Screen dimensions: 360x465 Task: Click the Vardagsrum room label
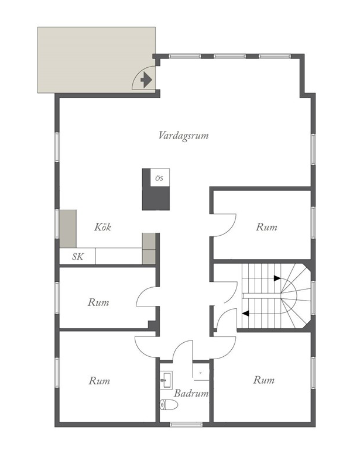tap(183, 136)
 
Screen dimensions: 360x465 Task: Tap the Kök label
tap(102, 227)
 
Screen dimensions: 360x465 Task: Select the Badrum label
tap(191, 393)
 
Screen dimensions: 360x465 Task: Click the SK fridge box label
tap(78, 256)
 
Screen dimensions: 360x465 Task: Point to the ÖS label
tap(159, 178)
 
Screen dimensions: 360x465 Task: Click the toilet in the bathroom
tap(169, 405)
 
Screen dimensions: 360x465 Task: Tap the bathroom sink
tap(166, 380)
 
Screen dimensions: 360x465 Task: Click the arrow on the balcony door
tap(146, 80)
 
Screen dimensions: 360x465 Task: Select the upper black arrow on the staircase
tap(277, 278)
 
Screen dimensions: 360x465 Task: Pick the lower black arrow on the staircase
tap(245, 313)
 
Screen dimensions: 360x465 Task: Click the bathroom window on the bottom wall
tap(186, 425)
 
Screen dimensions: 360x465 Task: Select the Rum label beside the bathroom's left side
tap(99, 381)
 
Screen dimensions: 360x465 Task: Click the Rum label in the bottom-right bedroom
tap(263, 380)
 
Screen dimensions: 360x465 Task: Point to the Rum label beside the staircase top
tap(266, 227)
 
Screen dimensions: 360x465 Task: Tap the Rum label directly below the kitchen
tap(98, 302)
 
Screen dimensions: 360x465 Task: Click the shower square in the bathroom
tap(201, 371)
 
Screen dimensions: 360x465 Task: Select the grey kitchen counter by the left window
tap(68, 228)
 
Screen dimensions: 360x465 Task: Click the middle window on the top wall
tap(229, 56)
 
